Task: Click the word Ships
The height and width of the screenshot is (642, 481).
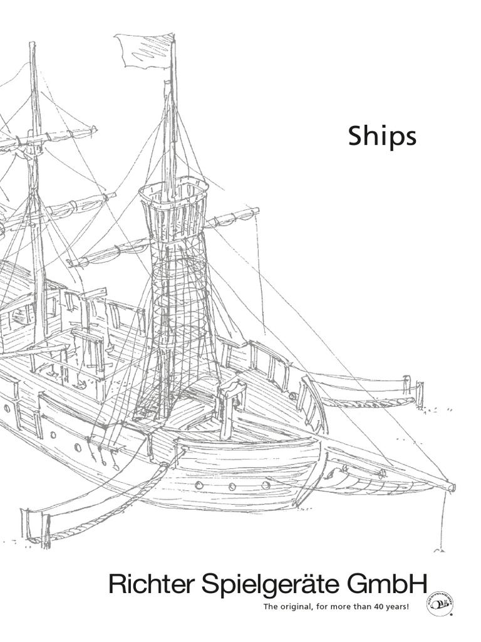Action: pos(382,138)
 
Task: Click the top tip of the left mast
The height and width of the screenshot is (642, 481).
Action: pos(32,45)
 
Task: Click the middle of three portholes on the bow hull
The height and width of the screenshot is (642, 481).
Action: pos(232,487)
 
